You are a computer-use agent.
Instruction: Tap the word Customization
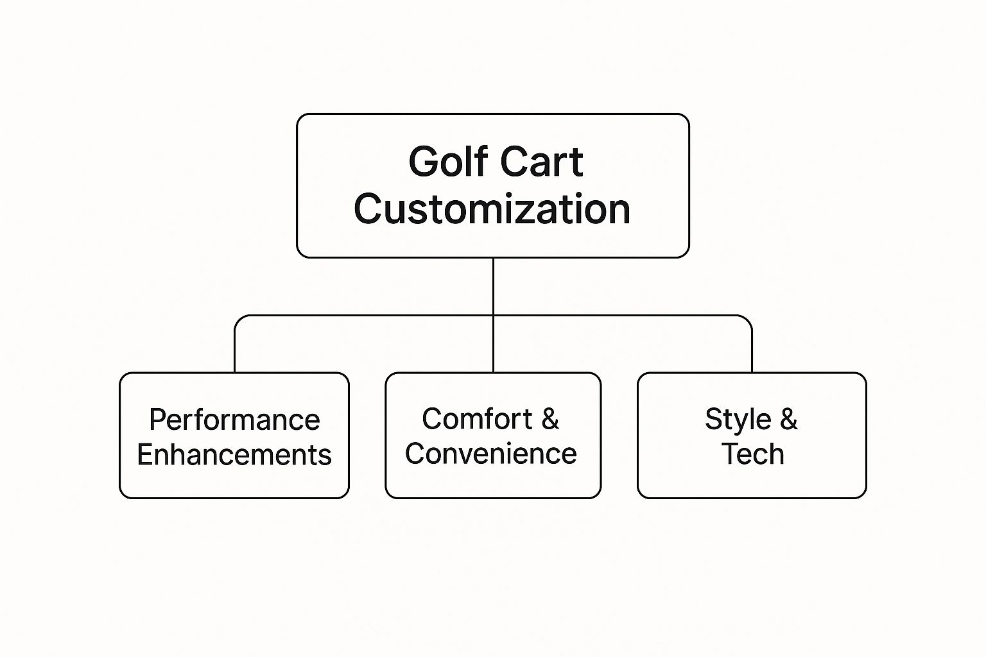tap(492, 209)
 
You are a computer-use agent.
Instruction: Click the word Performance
tap(234, 420)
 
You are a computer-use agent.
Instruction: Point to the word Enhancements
tap(234, 455)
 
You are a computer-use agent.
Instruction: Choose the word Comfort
tap(477, 419)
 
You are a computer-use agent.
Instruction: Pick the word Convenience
tap(491, 454)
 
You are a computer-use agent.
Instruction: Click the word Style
tap(738, 420)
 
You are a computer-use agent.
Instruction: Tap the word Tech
tap(752, 454)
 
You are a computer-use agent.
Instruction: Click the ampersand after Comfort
tap(550, 419)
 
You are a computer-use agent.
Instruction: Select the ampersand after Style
tap(789, 419)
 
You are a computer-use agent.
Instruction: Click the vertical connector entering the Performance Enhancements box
tap(235, 350)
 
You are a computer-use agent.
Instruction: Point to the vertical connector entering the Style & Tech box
tap(752, 350)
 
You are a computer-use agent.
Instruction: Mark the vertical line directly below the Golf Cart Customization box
tap(493, 286)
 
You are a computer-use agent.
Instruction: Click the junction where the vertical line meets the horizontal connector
tap(493, 316)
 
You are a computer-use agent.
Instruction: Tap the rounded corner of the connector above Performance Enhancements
tap(239, 319)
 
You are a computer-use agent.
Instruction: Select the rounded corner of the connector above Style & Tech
tap(748, 319)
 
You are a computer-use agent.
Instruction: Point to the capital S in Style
tap(713, 419)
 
